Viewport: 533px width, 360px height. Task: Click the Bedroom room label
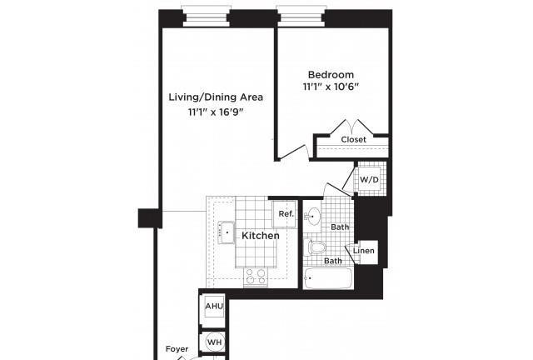click(x=331, y=75)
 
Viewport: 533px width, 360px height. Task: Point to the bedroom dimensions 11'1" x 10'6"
click(x=331, y=87)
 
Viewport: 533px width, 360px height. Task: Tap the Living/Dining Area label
click(x=216, y=97)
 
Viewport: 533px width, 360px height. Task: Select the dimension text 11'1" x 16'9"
click(x=217, y=112)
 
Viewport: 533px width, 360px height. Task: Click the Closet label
click(x=353, y=139)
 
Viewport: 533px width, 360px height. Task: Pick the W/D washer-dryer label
click(x=369, y=179)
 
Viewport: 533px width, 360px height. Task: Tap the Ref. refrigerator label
click(x=286, y=214)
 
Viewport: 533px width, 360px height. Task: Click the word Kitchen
click(x=261, y=236)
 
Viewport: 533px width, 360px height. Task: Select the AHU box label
click(x=214, y=306)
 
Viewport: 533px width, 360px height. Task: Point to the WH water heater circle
click(x=215, y=342)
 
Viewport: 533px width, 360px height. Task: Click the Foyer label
click(x=177, y=349)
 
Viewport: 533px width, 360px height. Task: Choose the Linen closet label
click(x=364, y=251)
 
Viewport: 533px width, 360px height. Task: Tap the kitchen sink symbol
click(x=226, y=232)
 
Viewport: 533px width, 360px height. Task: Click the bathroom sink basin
click(x=312, y=216)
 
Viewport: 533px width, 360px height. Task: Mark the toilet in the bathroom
click(x=315, y=247)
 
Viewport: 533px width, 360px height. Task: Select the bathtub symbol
click(x=327, y=278)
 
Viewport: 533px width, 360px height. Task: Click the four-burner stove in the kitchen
click(x=256, y=277)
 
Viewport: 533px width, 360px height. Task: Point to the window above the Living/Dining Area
click(x=206, y=16)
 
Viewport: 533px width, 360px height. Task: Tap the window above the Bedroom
click(x=300, y=16)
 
